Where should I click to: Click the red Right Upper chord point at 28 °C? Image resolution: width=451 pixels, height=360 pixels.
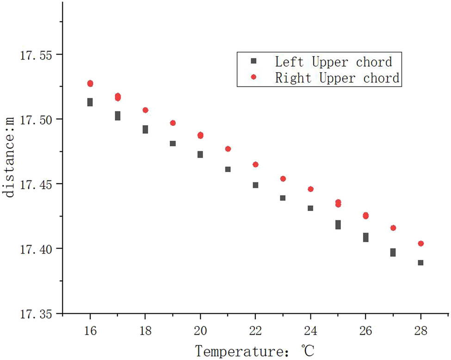[420, 243]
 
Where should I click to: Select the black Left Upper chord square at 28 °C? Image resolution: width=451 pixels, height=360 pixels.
[420, 263]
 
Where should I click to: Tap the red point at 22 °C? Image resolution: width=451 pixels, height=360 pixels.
[255, 164]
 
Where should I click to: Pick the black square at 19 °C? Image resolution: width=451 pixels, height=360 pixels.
[173, 143]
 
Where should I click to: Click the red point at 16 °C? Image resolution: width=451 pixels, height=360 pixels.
[90, 83]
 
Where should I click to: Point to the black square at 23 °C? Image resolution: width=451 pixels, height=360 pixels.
[283, 198]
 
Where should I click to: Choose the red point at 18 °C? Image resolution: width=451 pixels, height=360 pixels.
[145, 110]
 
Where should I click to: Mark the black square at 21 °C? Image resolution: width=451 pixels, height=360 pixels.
[228, 169]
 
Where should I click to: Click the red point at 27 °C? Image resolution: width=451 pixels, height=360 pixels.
[393, 228]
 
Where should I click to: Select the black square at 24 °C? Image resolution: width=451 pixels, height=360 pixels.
[310, 208]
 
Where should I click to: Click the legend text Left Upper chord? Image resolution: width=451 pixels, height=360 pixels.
[333, 62]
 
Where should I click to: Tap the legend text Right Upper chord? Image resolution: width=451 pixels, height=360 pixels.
[337, 78]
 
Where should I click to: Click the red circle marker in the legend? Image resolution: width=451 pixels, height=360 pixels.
[253, 78]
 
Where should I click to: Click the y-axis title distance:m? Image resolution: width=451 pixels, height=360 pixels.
[10, 157]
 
